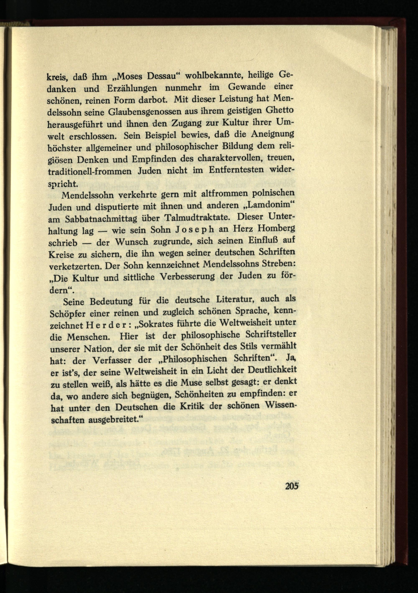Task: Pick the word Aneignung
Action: click(x=273, y=134)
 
